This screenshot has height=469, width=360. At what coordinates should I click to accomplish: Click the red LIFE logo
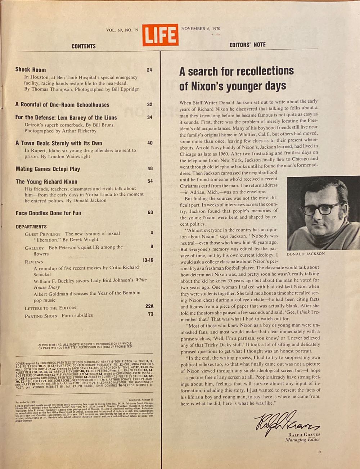coord(160,35)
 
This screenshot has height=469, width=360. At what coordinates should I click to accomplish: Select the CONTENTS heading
coord(84,46)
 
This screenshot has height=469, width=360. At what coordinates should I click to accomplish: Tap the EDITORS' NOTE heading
coord(247,45)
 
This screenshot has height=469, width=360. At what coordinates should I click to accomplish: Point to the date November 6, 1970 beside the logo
coord(201,29)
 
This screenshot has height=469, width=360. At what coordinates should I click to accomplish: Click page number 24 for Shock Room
coord(149,70)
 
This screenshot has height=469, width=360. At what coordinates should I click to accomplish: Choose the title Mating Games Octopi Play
coord(48,169)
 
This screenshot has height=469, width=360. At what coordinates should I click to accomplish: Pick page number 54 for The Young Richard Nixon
coord(150,181)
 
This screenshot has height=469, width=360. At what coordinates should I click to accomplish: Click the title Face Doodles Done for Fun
coord(48,213)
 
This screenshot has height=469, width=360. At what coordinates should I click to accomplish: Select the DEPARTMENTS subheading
coord(31,227)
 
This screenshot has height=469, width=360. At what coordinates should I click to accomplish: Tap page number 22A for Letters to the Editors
coord(149,306)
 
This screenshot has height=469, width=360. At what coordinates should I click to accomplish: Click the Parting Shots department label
coord(41,316)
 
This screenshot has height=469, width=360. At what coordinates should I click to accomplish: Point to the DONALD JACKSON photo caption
coord(306,254)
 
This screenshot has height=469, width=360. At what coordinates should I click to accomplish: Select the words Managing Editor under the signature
coord(306,439)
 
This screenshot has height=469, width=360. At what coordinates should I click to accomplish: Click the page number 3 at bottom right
coord(319,452)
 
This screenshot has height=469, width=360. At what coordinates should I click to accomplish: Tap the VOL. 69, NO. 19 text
coord(122,30)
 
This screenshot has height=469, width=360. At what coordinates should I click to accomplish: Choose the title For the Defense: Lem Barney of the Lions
coord(66,117)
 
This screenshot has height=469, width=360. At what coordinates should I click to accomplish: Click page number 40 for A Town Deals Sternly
coord(150,143)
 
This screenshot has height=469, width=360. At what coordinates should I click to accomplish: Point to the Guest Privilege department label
coord(42,234)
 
